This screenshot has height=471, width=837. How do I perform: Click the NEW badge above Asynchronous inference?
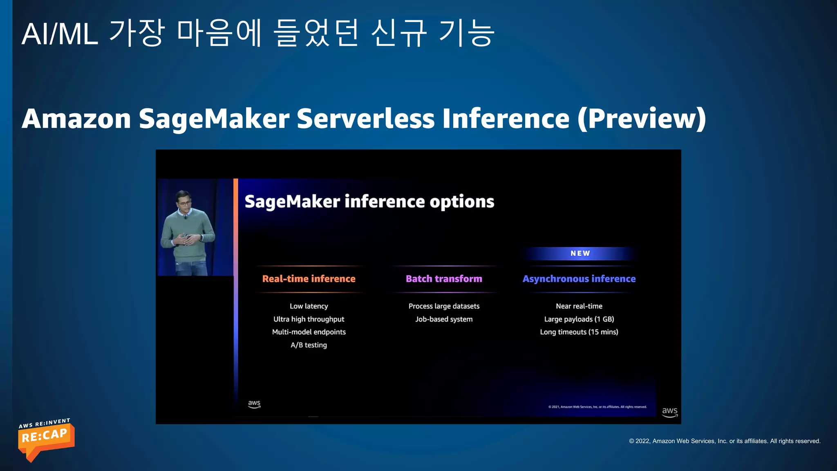580,253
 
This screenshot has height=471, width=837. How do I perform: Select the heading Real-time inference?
309,279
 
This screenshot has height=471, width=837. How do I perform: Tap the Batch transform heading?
444,279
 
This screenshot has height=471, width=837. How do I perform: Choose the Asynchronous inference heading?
579,279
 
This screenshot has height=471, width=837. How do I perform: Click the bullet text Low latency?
309,306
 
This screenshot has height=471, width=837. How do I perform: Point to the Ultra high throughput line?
309,319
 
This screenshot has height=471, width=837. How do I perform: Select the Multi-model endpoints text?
309,332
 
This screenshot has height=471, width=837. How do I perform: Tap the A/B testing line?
309,345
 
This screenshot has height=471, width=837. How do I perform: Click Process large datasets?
444,306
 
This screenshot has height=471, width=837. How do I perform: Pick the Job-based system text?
444,319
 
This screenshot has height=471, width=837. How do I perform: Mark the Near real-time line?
579,306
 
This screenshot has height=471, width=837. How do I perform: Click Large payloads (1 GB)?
579,319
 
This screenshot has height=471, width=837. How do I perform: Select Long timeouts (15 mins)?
579,332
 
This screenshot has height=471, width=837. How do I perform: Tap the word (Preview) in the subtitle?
642,119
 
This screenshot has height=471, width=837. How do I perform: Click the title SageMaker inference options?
369,202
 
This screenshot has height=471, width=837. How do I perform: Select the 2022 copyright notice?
725,441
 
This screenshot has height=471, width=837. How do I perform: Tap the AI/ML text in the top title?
60,34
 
